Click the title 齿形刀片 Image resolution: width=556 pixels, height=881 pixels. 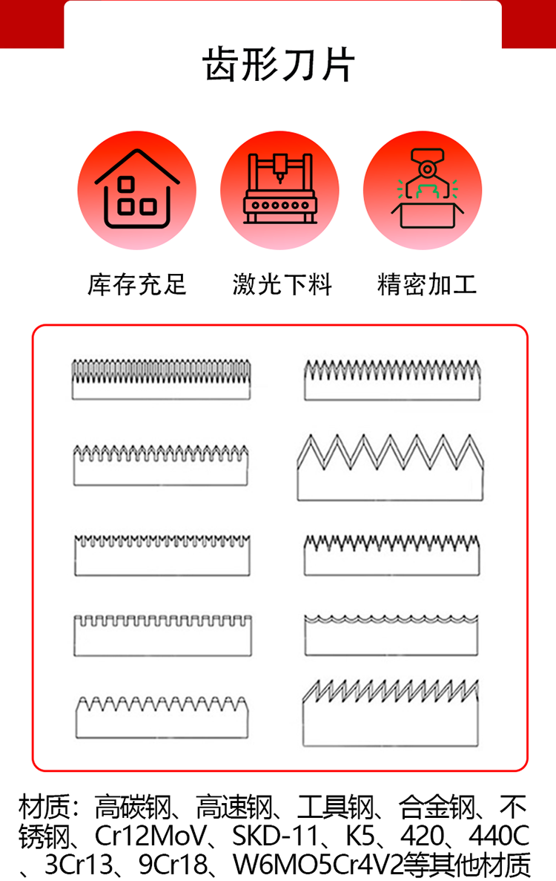(278, 65)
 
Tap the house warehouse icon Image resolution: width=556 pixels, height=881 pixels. (137, 190)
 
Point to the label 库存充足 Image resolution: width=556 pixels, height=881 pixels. (137, 284)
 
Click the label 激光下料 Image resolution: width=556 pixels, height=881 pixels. (282, 284)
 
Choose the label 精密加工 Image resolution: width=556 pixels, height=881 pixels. (427, 284)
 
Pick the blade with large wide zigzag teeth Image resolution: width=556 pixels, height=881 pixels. (391, 468)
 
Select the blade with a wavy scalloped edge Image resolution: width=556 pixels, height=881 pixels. (391, 635)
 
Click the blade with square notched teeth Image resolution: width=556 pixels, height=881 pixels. (162, 635)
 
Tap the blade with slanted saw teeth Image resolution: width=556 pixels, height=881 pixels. (391, 713)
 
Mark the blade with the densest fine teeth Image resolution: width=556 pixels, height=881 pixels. (161, 379)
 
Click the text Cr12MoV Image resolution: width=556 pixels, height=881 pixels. (151, 836)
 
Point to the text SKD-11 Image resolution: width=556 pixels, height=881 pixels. (276, 836)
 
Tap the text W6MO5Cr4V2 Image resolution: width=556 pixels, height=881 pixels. (318, 865)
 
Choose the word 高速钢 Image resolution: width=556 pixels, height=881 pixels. (234, 808)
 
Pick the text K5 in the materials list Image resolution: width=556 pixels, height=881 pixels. (360, 836)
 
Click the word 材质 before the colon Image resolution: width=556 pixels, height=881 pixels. (44, 808)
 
